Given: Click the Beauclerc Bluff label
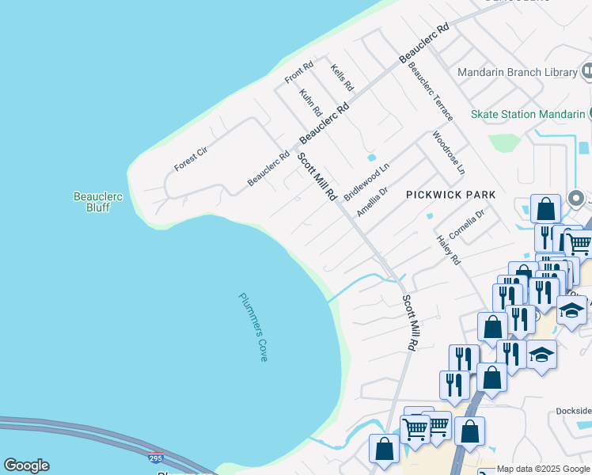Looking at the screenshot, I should point(97,202).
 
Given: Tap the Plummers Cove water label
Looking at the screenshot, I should point(252,327).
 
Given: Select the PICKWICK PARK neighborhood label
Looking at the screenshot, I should point(450,195).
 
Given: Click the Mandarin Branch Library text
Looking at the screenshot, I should point(518,73).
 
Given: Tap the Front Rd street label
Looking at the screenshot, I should point(299,73).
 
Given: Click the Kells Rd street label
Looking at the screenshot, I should point(342,78).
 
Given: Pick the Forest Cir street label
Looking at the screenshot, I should point(191,158).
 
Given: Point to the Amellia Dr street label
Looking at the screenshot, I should point(372,202).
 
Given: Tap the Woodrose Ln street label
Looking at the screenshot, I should point(449,153).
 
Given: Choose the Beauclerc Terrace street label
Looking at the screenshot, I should point(431,92).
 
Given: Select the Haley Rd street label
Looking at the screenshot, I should point(448,250).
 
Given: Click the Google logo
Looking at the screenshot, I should point(26,465).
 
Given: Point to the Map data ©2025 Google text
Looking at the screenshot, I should point(543,469).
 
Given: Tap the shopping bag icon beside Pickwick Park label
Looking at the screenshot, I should point(546,210).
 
